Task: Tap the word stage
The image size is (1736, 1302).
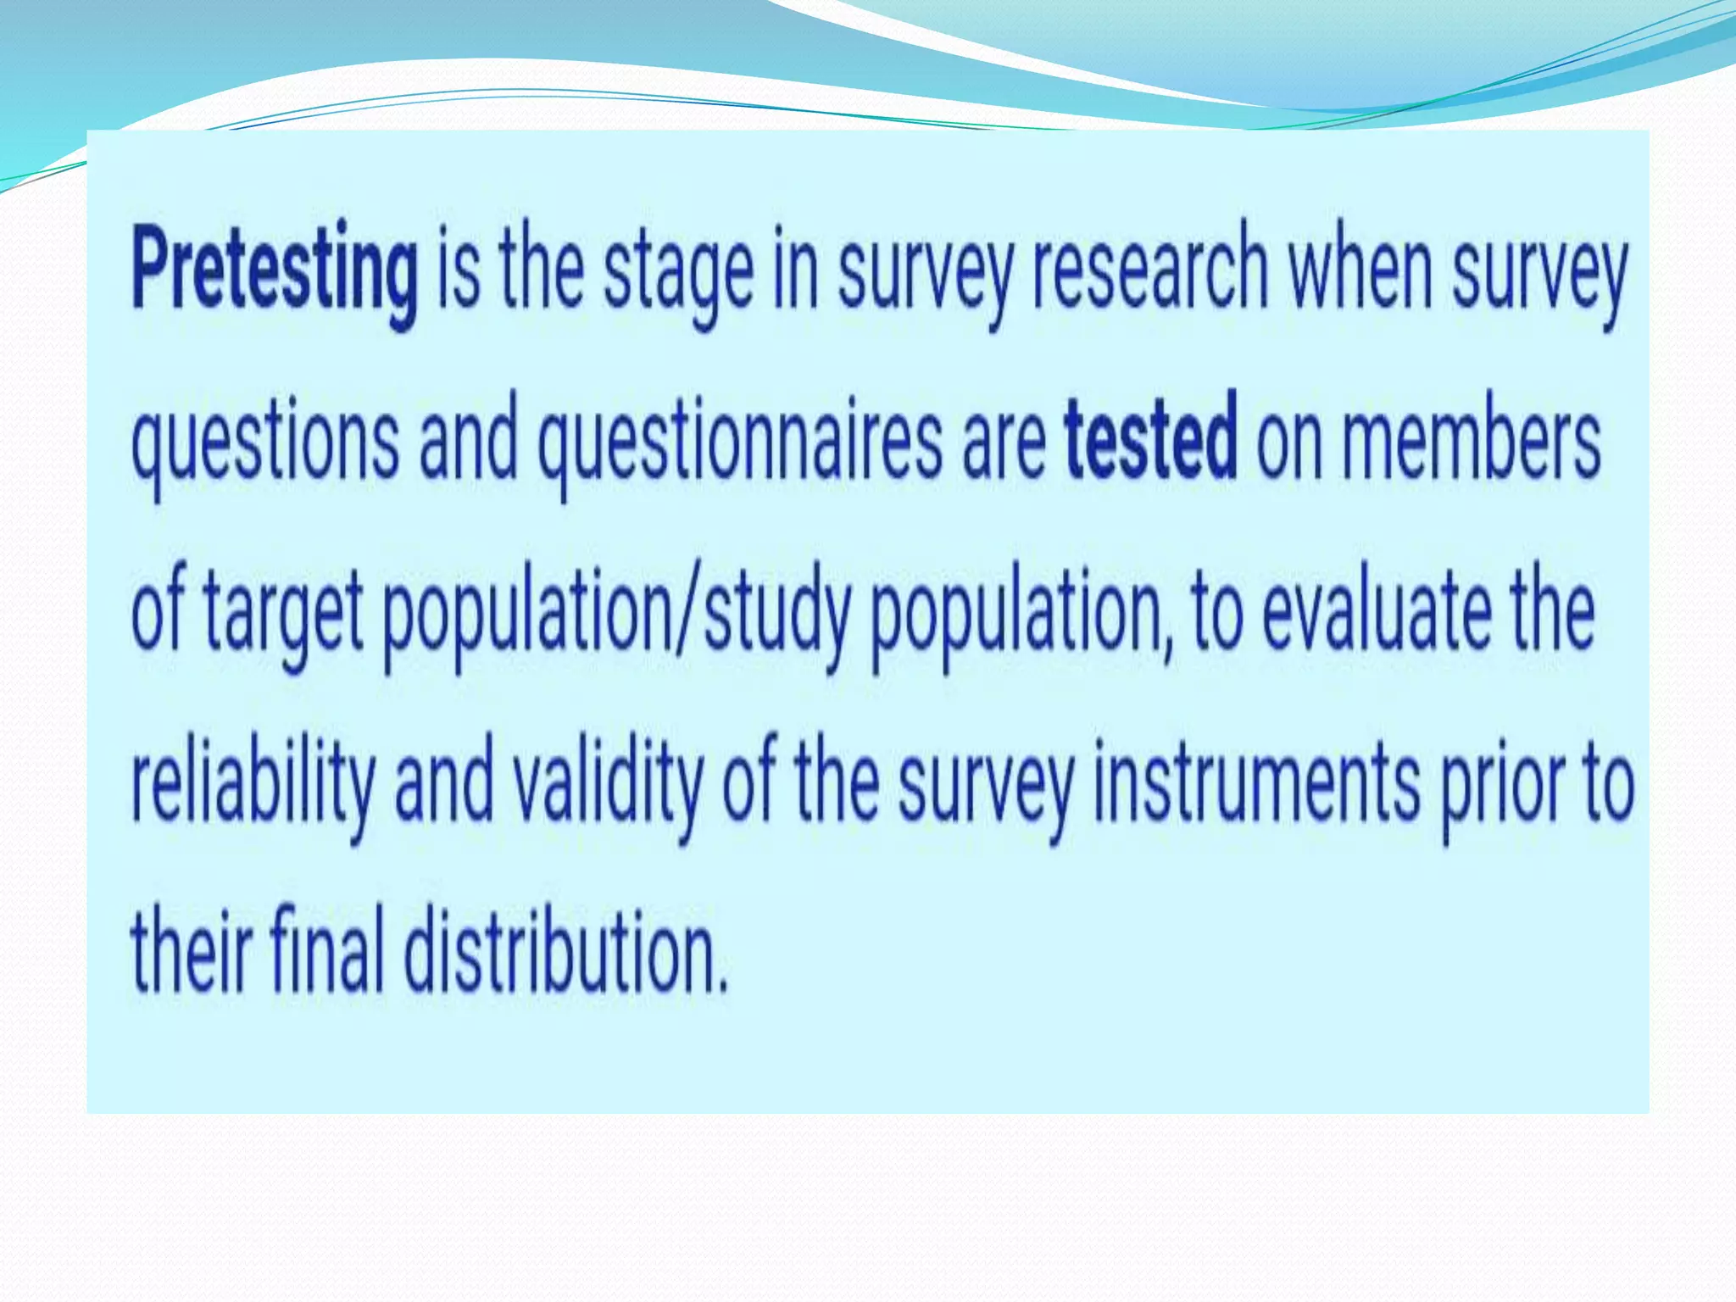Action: tap(678, 273)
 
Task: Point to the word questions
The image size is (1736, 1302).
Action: tap(264, 444)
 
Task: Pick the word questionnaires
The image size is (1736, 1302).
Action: tap(739, 444)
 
